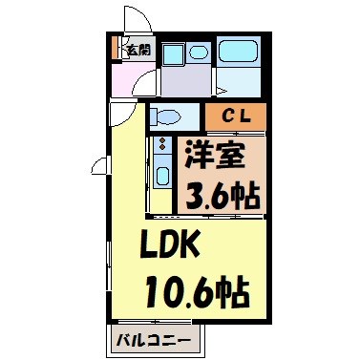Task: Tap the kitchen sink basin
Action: click(x=160, y=177)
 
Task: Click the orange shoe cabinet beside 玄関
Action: click(x=116, y=48)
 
